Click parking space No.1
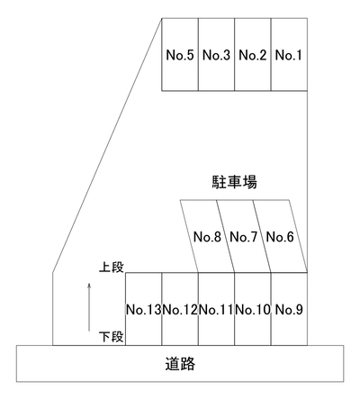click(289, 54)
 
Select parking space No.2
click(253, 54)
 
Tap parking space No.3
click(216, 54)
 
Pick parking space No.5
click(180, 54)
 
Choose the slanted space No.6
click(280, 236)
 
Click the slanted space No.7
click(244, 236)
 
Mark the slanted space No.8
click(207, 236)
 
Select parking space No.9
click(289, 309)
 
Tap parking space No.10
click(253, 309)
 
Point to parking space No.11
click(216, 309)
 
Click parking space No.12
click(180, 309)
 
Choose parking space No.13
click(144, 309)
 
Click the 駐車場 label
click(234, 182)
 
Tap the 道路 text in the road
click(180, 363)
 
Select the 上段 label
click(112, 267)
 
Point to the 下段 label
click(112, 337)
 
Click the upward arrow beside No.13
click(89, 307)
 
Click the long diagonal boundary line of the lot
click(107, 145)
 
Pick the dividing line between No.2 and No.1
click(271, 54)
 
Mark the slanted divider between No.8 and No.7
click(226, 236)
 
